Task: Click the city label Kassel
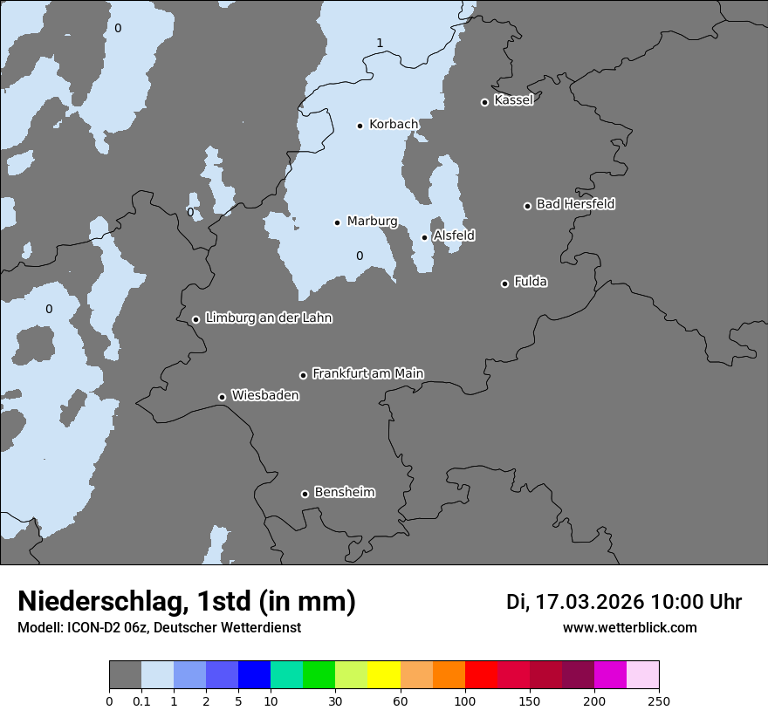[x=513, y=100]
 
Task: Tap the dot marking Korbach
[x=360, y=126]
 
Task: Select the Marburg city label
[x=372, y=222]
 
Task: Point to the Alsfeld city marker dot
[x=425, y=237]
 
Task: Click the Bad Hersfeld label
[x=575, y=204]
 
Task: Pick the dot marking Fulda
[x=504, y=283]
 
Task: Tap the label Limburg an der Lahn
[x=268, y=318]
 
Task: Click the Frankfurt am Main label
[x=367, y=373]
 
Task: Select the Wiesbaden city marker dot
[x=222, y=398]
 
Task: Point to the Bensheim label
[x=344, y=493]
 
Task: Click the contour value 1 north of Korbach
[x=380, y=43]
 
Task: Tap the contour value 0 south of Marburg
[x=359, y=256]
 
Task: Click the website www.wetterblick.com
[x=629, y=627]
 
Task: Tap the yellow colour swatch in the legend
[x=384, y=675]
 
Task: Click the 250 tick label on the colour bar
[x=659, y=700]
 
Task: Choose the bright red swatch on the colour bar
[x=481, y=675]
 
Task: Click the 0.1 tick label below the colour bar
[x=141, y=700]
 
